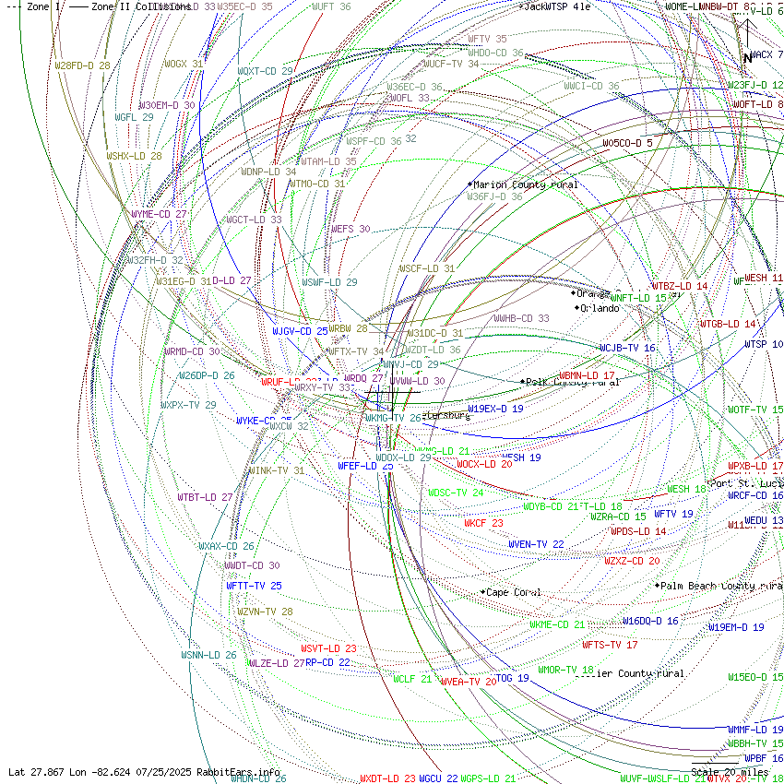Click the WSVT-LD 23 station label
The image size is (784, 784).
[328, 648]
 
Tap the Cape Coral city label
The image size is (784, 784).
[514, 592]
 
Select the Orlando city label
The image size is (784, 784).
[600, 308]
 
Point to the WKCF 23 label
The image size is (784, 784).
[483, 523]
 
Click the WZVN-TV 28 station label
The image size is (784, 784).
[265, 612]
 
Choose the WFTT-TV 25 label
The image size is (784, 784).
[254, 586]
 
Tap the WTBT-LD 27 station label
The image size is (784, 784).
[206, 497]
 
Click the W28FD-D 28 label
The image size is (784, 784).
[82, 65]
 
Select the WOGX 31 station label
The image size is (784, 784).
[184, 64]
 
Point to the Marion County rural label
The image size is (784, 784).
[526, 185]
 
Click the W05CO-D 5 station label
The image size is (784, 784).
[628, 143]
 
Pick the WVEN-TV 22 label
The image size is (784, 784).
[536, 544]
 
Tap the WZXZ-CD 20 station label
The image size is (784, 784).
[632, 561]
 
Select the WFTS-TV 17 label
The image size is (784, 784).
[610, 645]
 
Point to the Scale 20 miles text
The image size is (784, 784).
[730, 772]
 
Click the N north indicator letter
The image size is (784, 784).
[747, 58]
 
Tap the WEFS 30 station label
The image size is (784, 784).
[350, 229]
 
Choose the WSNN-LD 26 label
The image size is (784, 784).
[208, 655]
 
